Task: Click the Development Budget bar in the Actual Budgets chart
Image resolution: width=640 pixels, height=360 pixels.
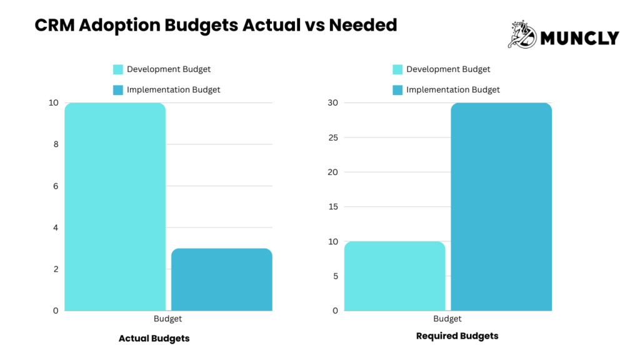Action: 115,206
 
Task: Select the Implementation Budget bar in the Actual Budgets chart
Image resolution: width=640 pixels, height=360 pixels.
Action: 221,279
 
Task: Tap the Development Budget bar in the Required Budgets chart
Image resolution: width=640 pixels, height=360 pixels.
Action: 394,276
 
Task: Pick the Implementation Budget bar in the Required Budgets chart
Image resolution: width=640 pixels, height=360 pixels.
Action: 501,206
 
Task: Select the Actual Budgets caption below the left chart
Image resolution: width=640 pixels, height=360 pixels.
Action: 154,338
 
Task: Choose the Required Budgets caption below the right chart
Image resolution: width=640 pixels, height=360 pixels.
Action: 457,336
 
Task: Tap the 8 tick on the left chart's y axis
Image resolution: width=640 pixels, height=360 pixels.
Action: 56,144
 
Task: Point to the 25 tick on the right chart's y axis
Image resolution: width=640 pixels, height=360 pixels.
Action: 332,137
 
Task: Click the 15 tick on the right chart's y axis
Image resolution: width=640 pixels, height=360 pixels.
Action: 332,207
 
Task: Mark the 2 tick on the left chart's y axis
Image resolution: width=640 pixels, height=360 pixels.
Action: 56,269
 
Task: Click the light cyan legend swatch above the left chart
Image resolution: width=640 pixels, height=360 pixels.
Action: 118,69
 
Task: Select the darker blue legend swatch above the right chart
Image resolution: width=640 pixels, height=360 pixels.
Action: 397,90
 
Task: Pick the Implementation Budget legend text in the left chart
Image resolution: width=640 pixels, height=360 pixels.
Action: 173,90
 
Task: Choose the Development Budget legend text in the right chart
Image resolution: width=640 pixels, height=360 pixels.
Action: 448,69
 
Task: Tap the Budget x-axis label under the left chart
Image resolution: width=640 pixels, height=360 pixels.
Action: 167,319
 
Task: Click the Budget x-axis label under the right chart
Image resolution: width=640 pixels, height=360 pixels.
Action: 447,319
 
